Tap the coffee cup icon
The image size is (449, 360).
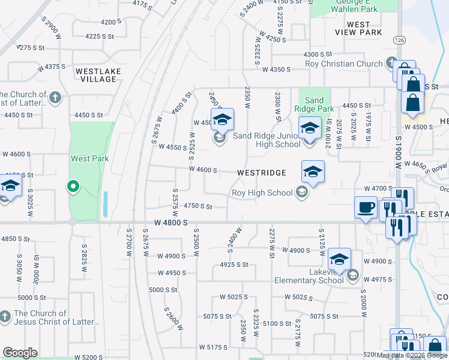[x=366, y=208]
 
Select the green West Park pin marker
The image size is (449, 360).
[x=73, y=187]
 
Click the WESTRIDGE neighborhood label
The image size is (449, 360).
[x=261, y=172]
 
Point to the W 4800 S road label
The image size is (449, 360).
[x=171, y=223]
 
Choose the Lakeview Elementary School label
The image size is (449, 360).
[x=309, y=276]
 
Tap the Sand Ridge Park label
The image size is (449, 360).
[x=314, y=105]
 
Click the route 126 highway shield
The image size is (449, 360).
[x=399, y=39]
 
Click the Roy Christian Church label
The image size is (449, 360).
[x=343, y=64]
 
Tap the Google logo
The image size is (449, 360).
[x=20, y=353]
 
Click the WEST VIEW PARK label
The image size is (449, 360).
[x=353, y=28]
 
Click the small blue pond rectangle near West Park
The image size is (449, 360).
[x=106, y=204]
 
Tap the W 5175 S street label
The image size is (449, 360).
[x=214, y=347]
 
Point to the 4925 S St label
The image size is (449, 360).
[x=234, y=264]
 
